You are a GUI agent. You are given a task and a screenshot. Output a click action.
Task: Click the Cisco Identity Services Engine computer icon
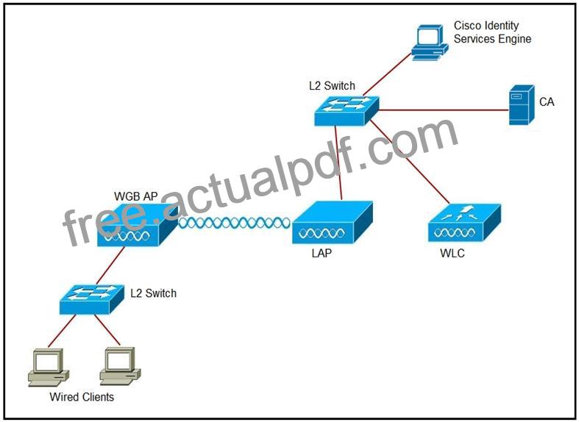click(430, 43)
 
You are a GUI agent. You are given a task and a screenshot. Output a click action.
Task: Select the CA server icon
click(522, 105)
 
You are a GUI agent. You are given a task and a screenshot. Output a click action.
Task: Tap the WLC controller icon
click(464, 223)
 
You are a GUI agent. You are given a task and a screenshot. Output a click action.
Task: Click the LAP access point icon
click(332, 223)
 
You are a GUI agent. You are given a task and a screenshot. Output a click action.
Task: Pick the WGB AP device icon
click(138, 225)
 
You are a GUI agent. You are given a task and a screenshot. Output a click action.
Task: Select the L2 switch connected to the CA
click(347, 111)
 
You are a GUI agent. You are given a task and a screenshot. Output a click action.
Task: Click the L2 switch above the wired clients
click(92, 299)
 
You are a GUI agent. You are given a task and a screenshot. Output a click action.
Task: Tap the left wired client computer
click(49, 368)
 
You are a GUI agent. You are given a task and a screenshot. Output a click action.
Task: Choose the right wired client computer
click(120, 367)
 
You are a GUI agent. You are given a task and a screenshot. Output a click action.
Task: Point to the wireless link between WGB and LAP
click(235, 223)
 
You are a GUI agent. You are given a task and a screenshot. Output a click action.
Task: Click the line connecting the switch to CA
click(444, 110)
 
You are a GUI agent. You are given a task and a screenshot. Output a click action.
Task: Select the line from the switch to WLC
click(410, 162)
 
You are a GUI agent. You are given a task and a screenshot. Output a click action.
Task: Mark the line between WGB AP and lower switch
click(110, 265)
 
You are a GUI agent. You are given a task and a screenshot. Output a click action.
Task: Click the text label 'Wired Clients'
click(82, 397)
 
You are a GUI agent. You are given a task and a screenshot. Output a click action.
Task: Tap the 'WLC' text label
click(452, 254)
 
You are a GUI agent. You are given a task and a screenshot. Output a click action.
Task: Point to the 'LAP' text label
click(322, 254)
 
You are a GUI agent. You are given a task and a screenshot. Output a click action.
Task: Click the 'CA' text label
click(547, 101)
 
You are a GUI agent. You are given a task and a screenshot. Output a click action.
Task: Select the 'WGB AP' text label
click(136, 196)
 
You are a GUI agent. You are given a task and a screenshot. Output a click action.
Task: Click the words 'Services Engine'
click(493, 39)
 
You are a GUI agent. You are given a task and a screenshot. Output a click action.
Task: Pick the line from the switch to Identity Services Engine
click(387, 74)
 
